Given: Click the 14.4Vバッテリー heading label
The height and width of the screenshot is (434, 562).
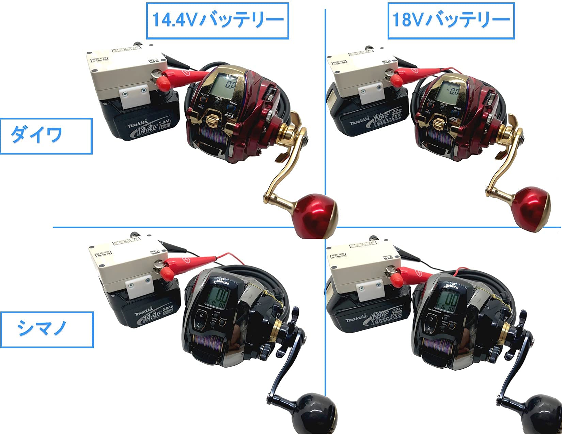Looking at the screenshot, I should click(217, 20).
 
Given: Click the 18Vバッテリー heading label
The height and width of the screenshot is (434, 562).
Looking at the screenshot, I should click(451, 20).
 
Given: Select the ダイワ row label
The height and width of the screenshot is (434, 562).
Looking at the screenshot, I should click(36, 135).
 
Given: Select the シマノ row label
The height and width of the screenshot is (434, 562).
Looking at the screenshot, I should click(42, 329).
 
